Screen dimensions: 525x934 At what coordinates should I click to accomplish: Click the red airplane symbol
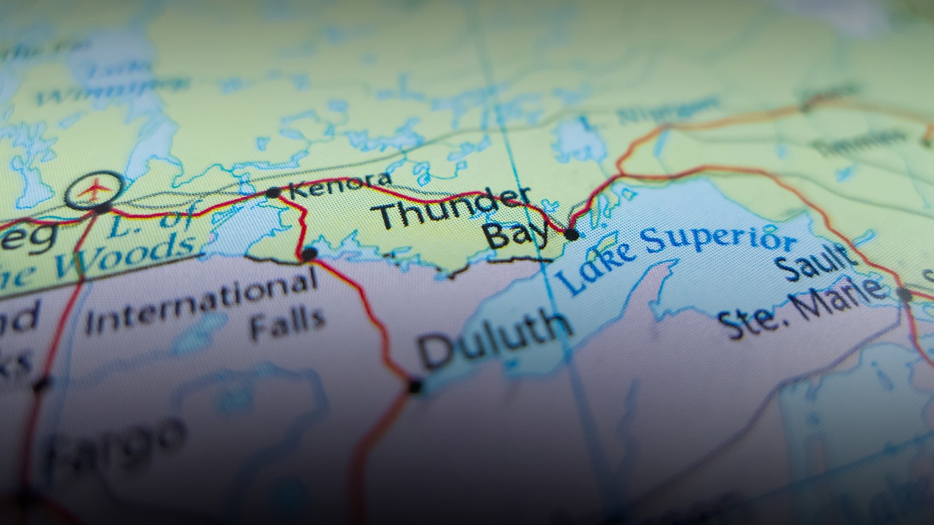click(94, 189)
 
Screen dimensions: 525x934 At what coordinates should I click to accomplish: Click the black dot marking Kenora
click(273, 193)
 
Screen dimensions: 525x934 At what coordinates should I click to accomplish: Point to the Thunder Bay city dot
click(572, 234)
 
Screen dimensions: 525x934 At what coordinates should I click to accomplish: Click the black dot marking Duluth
click(414, 386)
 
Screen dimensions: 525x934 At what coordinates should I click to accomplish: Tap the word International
click(201, 301)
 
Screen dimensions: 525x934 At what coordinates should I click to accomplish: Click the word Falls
click(287, 323)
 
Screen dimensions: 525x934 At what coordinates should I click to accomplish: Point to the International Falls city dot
click(309, 254)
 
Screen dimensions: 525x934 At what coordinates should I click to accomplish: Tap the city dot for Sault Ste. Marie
click(905, 295)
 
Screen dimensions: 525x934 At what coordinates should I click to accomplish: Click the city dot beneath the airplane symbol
click(103, 208)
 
